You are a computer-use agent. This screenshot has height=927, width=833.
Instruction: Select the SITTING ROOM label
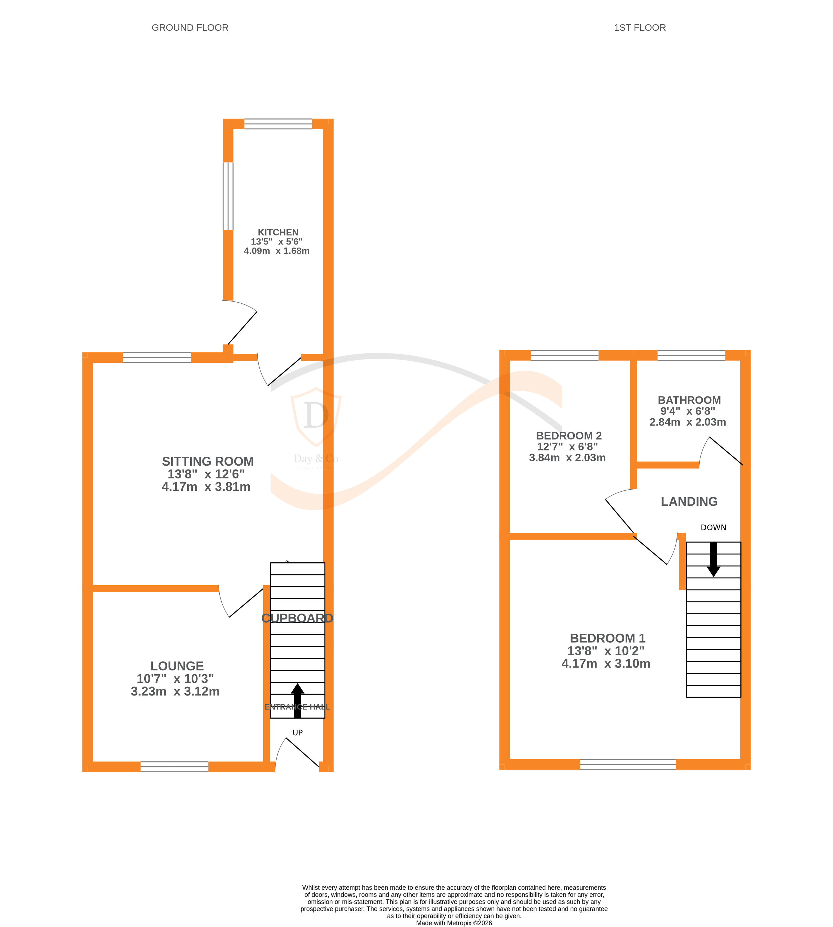(207, 461)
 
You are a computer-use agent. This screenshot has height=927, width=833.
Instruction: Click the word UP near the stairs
(298, 733)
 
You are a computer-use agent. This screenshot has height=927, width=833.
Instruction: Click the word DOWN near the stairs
(713, 527)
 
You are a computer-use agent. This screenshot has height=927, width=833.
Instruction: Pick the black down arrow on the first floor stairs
(713, 559)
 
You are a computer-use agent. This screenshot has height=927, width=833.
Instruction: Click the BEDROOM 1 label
(607, 638)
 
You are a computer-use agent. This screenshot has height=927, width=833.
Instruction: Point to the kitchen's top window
(278, 124)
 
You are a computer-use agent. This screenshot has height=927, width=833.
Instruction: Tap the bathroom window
(691, 355)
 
